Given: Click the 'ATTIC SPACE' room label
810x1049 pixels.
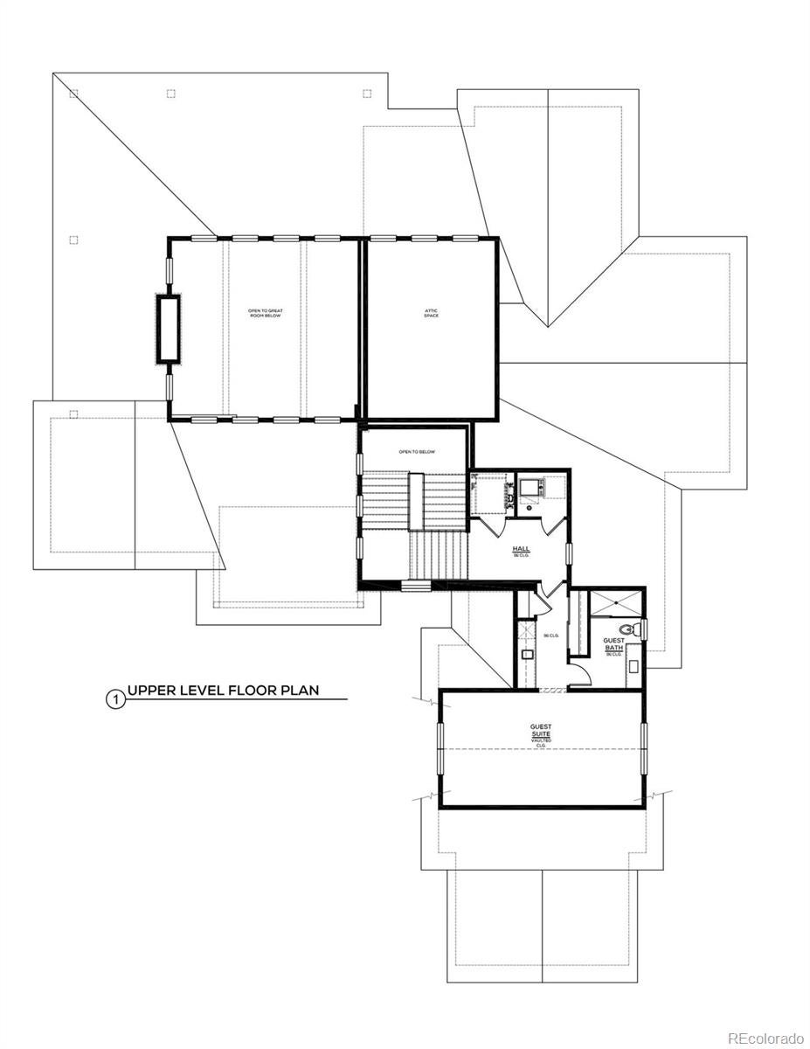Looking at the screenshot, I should (432, 312).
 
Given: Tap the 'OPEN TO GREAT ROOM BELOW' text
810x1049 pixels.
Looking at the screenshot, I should (264, 312).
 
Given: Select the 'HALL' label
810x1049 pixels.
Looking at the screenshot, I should (521, 550).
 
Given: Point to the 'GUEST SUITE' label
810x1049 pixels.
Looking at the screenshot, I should (541, 733).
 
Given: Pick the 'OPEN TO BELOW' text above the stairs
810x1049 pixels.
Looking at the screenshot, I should (416, 452).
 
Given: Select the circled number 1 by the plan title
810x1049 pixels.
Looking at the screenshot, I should (113, 698).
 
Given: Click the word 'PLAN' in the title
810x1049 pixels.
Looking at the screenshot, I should (296, 690).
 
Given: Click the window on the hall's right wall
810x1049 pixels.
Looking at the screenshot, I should (569, 553).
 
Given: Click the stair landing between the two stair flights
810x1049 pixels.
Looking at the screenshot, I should (417, 500).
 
